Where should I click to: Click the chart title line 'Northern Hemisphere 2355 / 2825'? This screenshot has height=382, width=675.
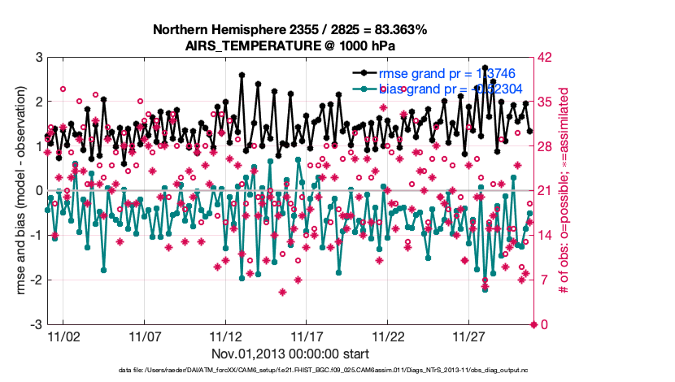290,30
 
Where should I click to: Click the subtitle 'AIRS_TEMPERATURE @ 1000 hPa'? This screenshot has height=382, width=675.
290,46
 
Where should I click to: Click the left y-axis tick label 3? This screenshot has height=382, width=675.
38,58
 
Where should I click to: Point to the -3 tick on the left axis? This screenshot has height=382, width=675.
36,324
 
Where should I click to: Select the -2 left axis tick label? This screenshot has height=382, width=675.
36,280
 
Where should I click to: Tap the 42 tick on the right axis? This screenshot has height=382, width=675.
546,58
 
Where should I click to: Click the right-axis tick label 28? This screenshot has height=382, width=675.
546,146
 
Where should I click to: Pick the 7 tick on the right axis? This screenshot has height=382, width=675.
542,280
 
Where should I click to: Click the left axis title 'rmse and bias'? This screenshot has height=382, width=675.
17,191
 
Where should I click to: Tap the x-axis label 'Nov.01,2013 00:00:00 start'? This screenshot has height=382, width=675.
290,354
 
